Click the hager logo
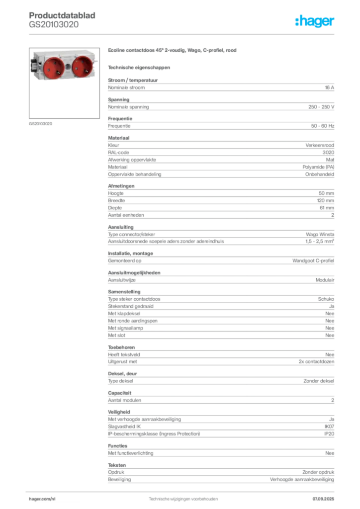tap(315, 21)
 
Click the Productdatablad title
tap(62, 15)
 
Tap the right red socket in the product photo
tap(83, 66)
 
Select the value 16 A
tap(330, 87)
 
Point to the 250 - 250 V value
tap(321, 107)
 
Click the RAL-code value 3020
tap(329, 153)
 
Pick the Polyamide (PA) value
tap(318, 167)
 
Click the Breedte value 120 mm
tap(326, 201)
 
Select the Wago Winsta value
tap(320, 235)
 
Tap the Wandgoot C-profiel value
tap(313, 260)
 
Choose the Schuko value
tap(326, 299)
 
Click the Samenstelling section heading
tap(124, 292)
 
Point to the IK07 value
tap(330, 426)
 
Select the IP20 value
tap(330, 433)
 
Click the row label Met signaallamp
tap(126, 328)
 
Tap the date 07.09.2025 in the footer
tap(323, 499)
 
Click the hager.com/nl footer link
tap(42, 499)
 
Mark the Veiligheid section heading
tap(119, 412)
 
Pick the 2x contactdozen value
tap(317, 362)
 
